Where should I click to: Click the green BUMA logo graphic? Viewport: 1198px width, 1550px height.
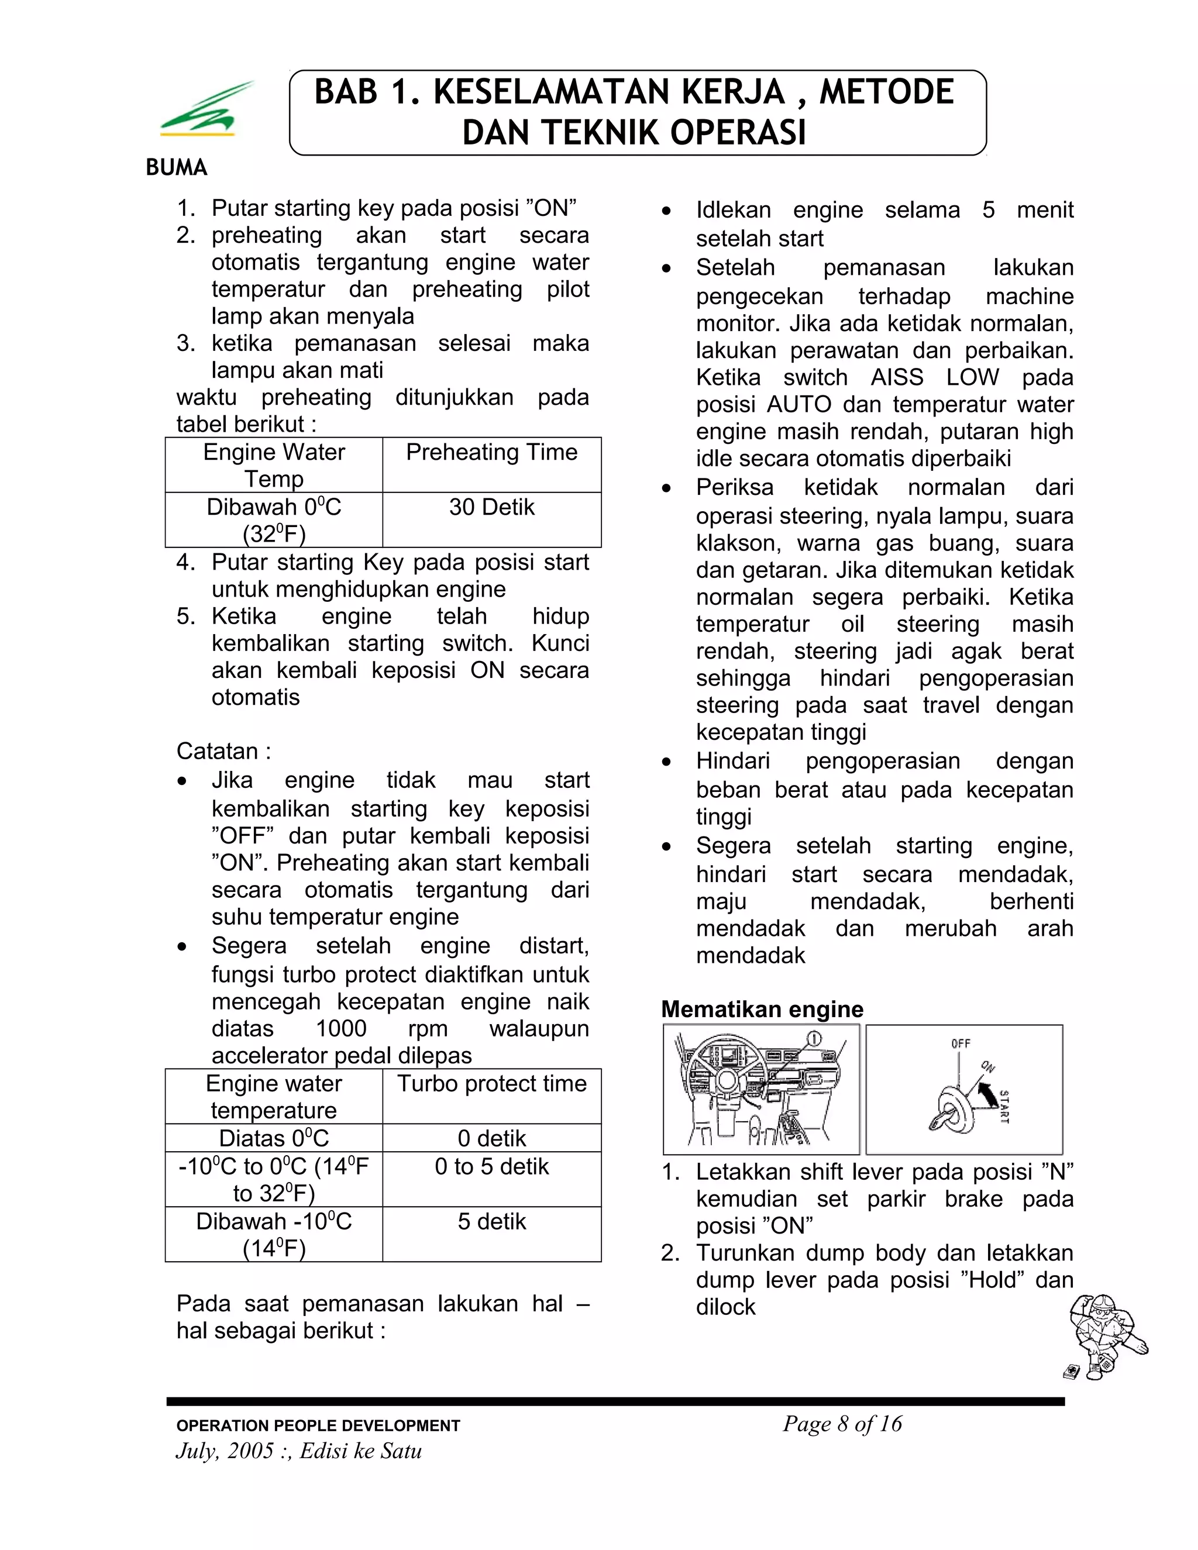[x=206, y=110]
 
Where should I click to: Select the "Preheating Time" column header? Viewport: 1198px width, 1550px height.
[x=491, y=452]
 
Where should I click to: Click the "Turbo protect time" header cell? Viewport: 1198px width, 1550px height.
[x=491, y=1083]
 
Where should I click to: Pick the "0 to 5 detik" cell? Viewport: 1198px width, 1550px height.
[x=491, y=1166]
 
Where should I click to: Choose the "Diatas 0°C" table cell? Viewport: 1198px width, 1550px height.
[x=274, y=1138]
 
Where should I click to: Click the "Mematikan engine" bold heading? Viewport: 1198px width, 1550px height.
[x=762, y=1009]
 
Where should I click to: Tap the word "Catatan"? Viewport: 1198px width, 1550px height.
[x=217, y=751]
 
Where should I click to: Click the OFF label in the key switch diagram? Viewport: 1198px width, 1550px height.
[x=961, y=1043]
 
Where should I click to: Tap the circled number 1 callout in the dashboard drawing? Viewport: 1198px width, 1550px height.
[x=815, y=1039]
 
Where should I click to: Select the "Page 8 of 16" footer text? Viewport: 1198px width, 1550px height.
[x=842, y=1424]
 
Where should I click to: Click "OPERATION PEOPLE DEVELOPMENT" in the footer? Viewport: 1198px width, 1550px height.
[x=318, y=1426]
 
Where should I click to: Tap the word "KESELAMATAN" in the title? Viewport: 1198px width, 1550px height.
[x=608, y=92]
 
